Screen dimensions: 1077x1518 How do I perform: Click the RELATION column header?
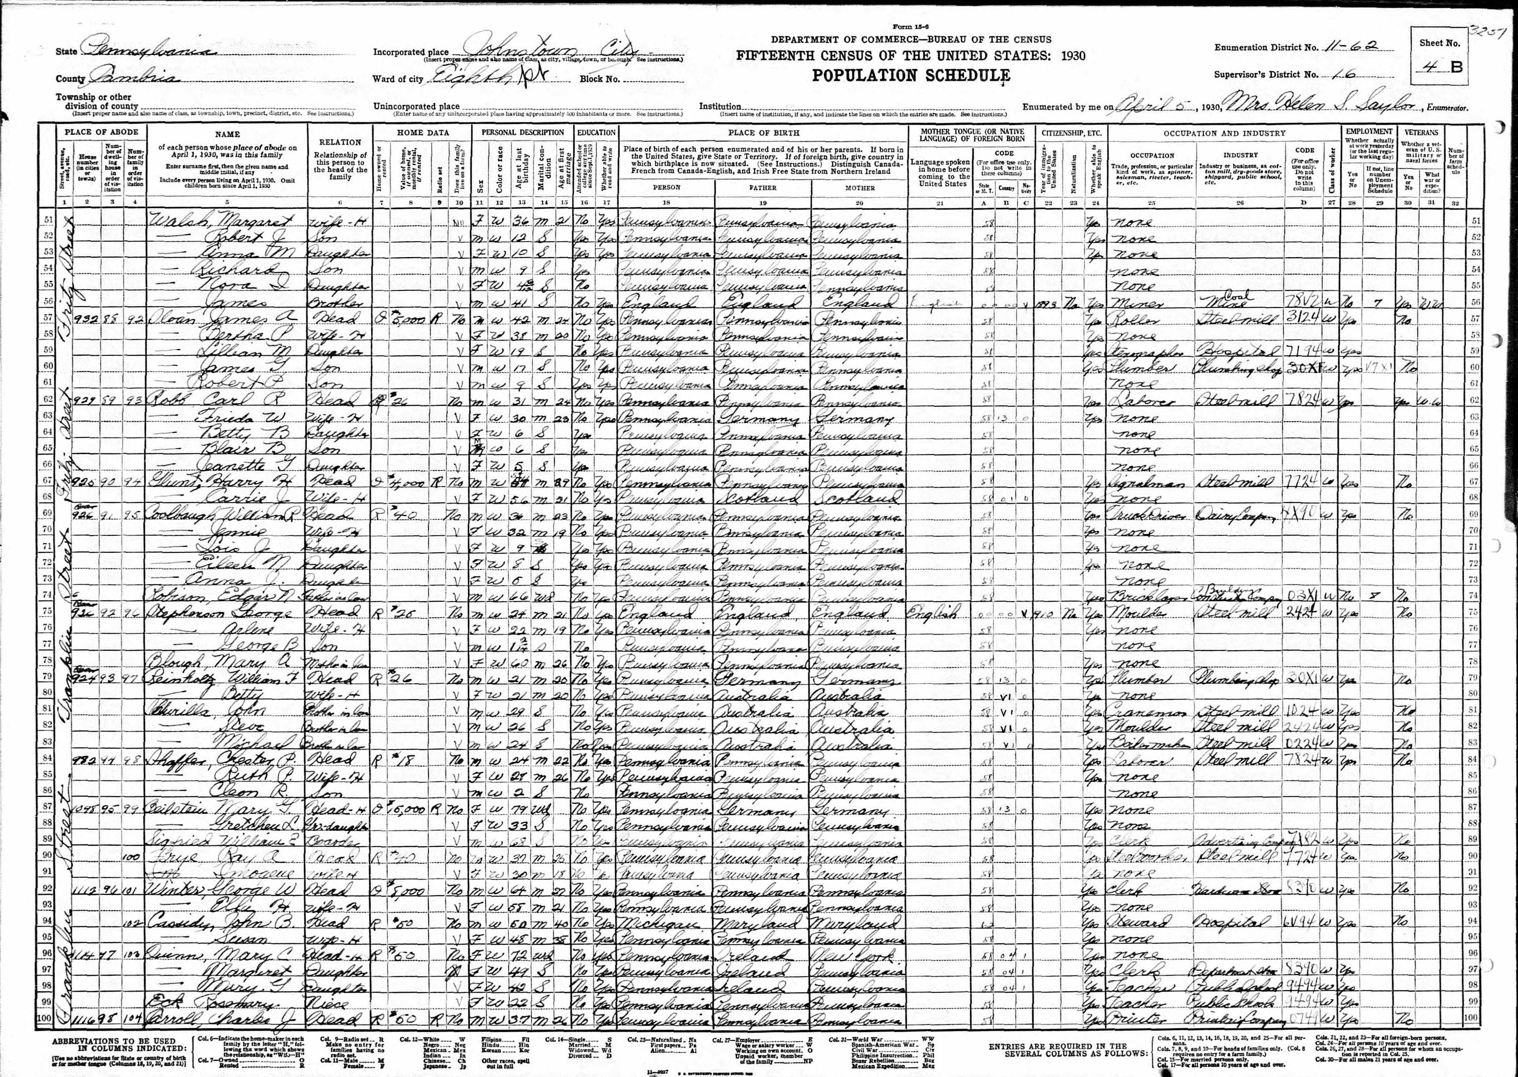[340, 142]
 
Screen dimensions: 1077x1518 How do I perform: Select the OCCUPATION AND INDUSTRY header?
[1223, 132]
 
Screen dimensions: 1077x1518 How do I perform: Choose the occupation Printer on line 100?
[1135, 1018]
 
